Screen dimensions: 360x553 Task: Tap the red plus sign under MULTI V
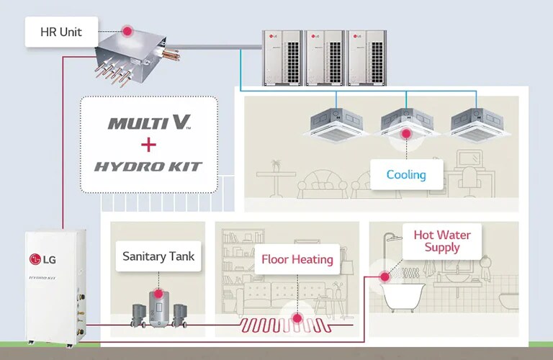coord(149,145)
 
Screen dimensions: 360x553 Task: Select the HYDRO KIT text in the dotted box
coord(149,166)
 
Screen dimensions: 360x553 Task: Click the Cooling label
coord(406,174)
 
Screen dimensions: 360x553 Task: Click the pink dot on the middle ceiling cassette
coord(406,133)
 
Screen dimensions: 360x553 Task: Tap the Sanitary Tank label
coord(158,256)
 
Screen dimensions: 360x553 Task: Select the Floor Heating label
coord(297,259)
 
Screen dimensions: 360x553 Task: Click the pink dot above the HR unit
coord(127,31)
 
